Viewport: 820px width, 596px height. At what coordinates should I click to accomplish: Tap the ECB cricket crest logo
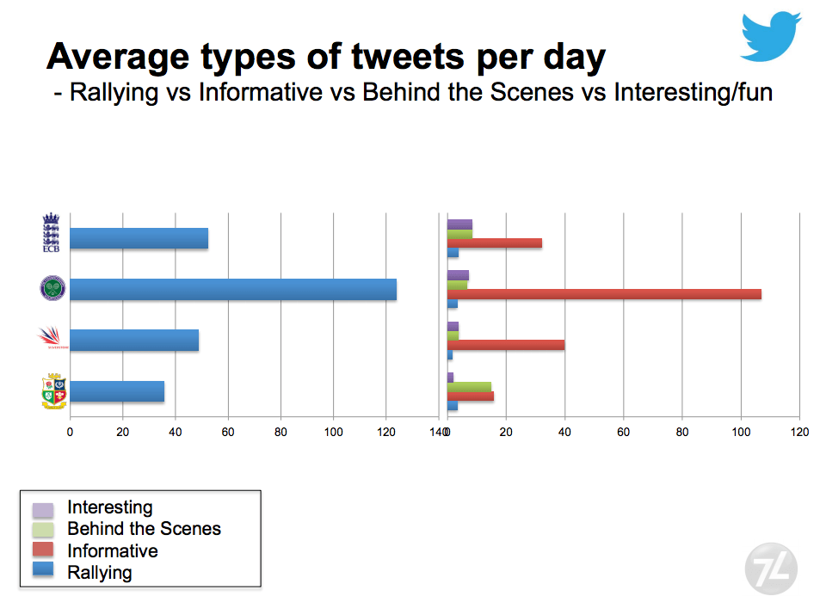(52, 233)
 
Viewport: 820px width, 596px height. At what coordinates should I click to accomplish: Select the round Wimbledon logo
(52, 288)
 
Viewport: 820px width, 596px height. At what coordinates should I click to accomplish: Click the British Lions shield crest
(53, 391)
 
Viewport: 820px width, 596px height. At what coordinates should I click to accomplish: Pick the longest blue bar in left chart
(232, 289)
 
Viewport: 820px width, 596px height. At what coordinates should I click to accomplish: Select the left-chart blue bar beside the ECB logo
(139, 238)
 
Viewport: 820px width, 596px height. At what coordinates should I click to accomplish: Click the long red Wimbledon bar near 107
(603, 294)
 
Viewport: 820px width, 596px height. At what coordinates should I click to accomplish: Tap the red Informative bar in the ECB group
(494, 243)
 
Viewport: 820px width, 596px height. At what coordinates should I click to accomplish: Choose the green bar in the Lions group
(469, 387)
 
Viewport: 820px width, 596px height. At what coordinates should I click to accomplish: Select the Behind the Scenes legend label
(144, 529)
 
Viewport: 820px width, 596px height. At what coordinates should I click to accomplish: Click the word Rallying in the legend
(100, 572)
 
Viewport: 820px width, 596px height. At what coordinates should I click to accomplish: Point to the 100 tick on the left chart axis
(333, 432)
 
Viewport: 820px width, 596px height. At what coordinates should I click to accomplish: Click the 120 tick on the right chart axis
(799, 432)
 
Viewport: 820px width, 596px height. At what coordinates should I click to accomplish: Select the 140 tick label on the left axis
(436, 432)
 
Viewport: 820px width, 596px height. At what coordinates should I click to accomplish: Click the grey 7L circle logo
(771, 568)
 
